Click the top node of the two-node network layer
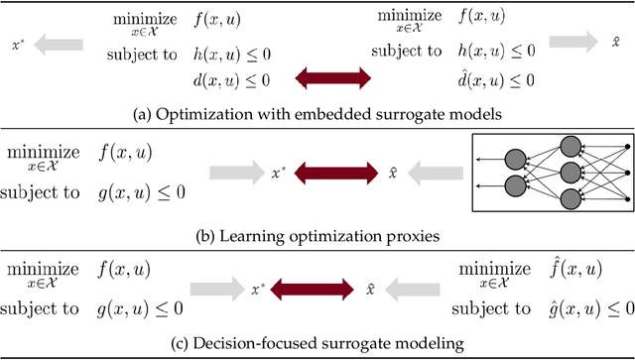(515, 157)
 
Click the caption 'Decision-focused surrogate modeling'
(318, 344)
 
